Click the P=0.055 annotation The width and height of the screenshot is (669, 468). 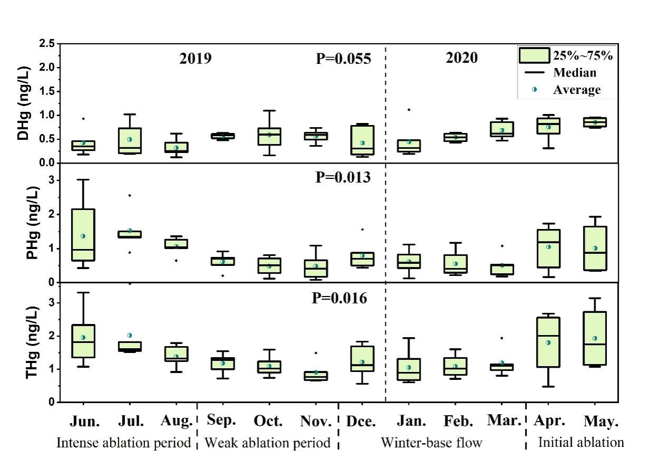pyautogui.click(x=343, y=59)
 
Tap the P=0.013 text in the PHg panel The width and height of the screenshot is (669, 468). pyautogui.click(x=343, y=177)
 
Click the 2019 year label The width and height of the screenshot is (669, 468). pyautogui.click(x=196, y=58)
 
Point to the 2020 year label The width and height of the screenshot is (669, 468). pyautogui.click(x=462, y=58)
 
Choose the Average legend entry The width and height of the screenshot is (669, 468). pyautogui.click(x=576, y=90)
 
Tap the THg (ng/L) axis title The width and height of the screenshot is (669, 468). pyautogui.click(x=23, y=343)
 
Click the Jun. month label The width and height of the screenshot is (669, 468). pyautogui.click(x=85, y=422)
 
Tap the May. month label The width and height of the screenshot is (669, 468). pyautogui.click(x=601, y=422)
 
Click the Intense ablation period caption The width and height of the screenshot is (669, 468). pyautogui.click(x=123, y=443)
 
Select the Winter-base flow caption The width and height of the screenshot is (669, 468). pyautogui.click(x=431, y=443)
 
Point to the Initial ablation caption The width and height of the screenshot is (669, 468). pyautogui.click(x=581, y=443)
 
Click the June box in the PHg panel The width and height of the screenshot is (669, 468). pyautogui.click(x=83, y=235)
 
